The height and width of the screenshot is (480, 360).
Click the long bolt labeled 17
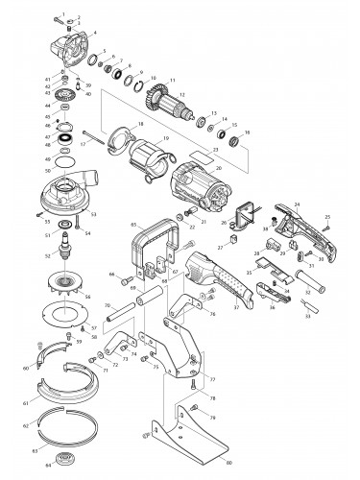click(97, 137)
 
